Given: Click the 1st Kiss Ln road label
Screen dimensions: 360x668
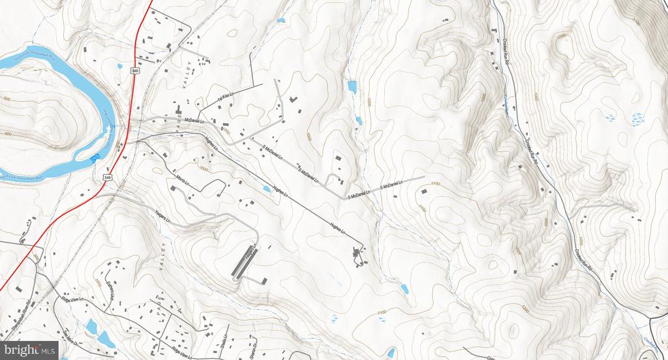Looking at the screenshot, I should (x=225, y=98).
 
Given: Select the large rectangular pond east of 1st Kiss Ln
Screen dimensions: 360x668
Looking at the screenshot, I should (x=352, y=87).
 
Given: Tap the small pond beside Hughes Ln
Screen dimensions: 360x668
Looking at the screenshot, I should (x=267, y=188).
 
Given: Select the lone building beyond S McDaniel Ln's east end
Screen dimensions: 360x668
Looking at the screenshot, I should (x=423, y=192).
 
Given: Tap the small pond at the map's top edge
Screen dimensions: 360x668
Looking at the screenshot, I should (x=281, y=21).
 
